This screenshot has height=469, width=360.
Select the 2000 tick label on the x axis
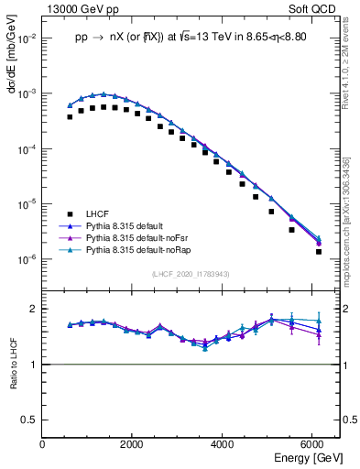(133, 444)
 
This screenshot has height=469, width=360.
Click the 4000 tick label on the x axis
(224, 444)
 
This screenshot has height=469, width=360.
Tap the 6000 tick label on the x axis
(313, 444)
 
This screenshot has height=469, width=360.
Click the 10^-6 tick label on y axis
(27, 259)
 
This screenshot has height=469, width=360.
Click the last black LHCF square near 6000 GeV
(319, 251)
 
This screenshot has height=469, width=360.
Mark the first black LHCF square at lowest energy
(70, 117)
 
